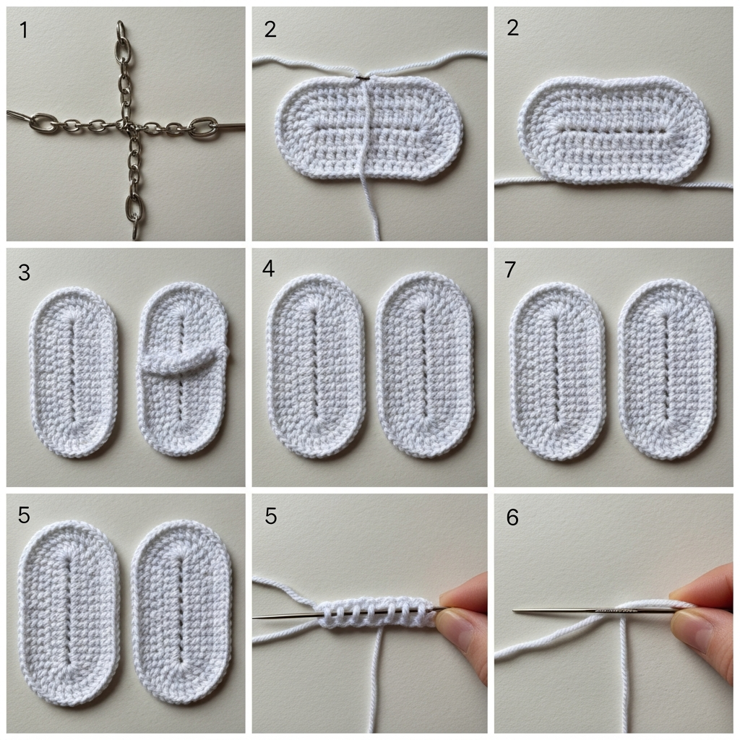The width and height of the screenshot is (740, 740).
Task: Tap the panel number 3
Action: click(x=24, y=272)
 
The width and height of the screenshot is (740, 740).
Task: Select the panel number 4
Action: click(x=268, y=269)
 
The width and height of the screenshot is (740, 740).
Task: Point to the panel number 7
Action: click(x=509, y=270)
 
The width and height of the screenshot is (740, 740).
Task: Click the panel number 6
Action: click(x=512, y=517)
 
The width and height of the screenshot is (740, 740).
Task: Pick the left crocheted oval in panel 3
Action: click(x=74, y=372)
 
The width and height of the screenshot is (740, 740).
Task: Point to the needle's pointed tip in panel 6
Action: click(x=514, y=611)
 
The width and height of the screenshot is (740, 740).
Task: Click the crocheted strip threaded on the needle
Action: click(x=375, y=614)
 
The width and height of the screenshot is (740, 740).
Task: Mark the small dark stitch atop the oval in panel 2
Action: click(x=362, y=77)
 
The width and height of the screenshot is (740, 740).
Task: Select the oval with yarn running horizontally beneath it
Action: click(x=614, y=130)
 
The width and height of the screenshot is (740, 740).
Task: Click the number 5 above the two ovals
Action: click(x=24, y=515)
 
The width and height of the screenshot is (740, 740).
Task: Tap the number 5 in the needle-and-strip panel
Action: click(x=270, y=516)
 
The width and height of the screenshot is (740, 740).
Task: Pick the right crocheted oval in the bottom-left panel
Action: click(x=181, y=613)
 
